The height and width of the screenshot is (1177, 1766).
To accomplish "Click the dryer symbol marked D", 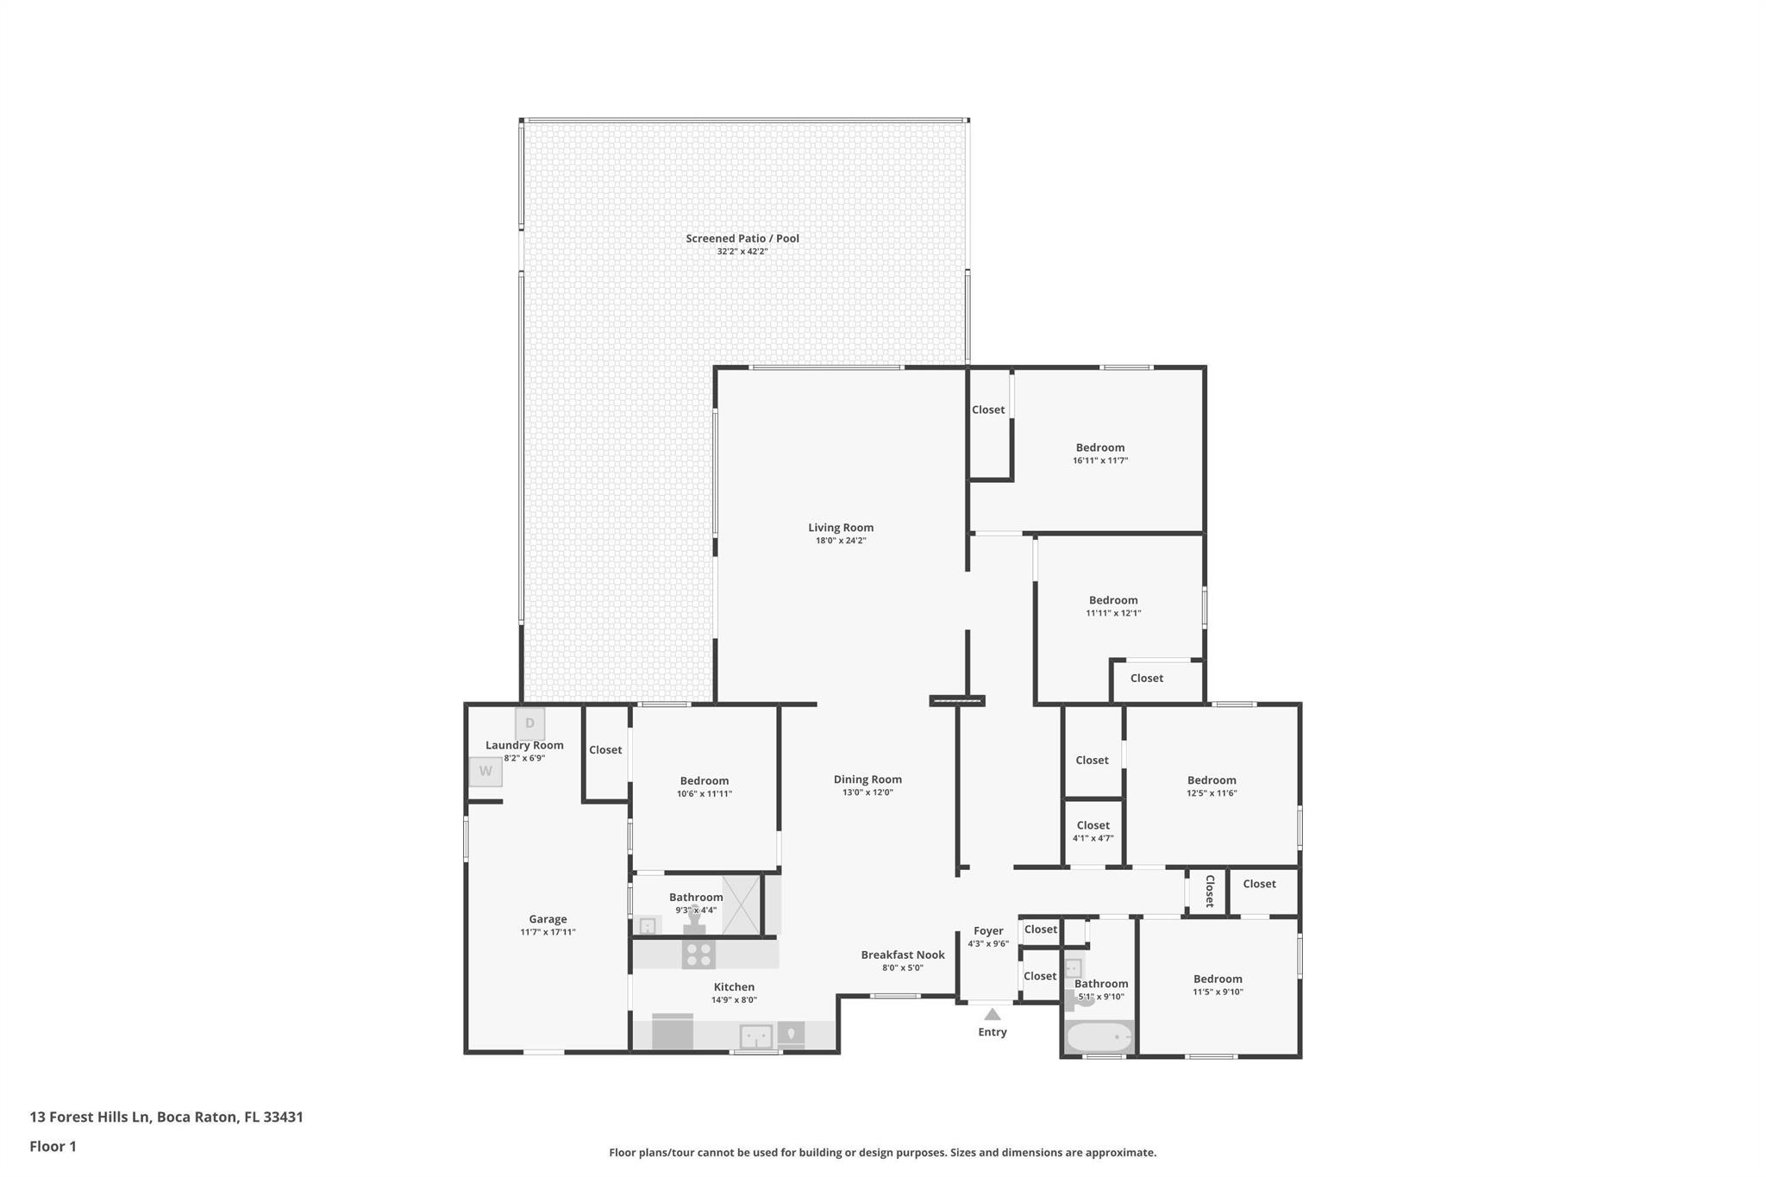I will tap(529, 723).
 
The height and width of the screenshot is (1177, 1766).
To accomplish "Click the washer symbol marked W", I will tap(485, 771).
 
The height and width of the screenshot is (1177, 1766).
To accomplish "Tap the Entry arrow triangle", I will tap(993, 1015).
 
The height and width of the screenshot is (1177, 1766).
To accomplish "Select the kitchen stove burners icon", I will tap(698, 954).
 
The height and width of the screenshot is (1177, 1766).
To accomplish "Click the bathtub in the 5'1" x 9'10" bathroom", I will tap(1099, 1036).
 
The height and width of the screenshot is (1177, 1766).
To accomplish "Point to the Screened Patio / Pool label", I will tap(742, 239).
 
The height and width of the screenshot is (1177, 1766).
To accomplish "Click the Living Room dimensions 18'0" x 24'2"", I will tap(841, 541).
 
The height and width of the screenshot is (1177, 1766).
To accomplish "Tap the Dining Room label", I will tap(867, 779).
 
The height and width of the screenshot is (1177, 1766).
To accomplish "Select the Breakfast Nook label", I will tap(903, 955).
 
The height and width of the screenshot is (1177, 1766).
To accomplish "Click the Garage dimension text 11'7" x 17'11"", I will tap(548, 932).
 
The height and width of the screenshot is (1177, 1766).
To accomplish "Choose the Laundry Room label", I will tap(524, 745).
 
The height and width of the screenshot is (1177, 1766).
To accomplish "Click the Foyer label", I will tap(988, 931).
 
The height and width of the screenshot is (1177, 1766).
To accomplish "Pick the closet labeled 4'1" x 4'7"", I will tap(1093, 831).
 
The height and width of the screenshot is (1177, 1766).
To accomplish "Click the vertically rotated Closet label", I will tap(1209, 891).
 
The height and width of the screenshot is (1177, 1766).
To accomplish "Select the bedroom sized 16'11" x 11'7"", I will tap(1100, 453).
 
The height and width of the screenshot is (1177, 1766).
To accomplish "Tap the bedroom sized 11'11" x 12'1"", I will tap(1113, 605).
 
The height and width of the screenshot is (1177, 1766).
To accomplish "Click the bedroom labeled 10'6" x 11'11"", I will tap(705, 786).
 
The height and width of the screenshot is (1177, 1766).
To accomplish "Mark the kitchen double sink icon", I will tap(756, 1036).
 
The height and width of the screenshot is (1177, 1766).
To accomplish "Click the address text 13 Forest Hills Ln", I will tap(91, 1118).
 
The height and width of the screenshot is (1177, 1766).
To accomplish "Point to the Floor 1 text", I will tap(53, 1147).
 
